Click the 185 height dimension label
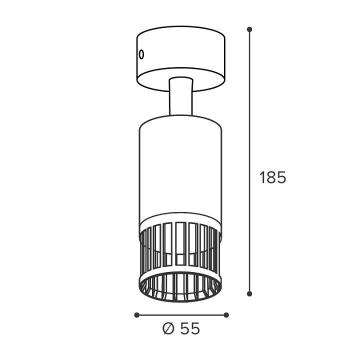coord(273,177)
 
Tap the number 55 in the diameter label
coord(190,328)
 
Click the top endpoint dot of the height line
coord(249,29)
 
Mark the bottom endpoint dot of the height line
coord(249,293)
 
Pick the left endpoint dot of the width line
coord(136,315)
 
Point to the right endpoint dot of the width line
coord(226,315)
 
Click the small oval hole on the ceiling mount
coord(141,54)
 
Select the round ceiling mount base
coord(181,58)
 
